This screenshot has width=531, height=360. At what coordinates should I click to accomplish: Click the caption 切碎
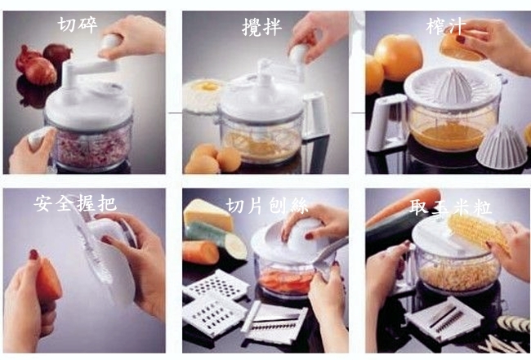coord(78,24)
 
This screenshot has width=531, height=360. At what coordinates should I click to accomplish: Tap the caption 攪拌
coord(261,27)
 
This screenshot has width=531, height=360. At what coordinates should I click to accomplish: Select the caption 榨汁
coord(446,25)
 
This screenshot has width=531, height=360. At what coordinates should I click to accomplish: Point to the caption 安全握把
coord(75,203)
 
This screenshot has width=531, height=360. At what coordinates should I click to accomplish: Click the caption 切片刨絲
coord(267,206)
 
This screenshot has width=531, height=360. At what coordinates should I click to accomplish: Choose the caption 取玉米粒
coord(450,207)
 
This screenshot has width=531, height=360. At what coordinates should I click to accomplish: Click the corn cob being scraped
coord(479,233)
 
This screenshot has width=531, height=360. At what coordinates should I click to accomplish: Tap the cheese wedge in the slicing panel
coord(208,216)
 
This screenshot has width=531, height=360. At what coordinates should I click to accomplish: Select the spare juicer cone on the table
coord(502,147)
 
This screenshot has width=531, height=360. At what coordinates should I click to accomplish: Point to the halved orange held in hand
coord(462,47)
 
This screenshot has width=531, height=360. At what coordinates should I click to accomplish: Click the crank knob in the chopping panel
coord(110,41)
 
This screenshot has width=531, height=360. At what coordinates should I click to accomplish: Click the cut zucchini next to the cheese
coord(216,239)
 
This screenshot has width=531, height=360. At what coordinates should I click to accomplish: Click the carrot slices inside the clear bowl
coord(287,280)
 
